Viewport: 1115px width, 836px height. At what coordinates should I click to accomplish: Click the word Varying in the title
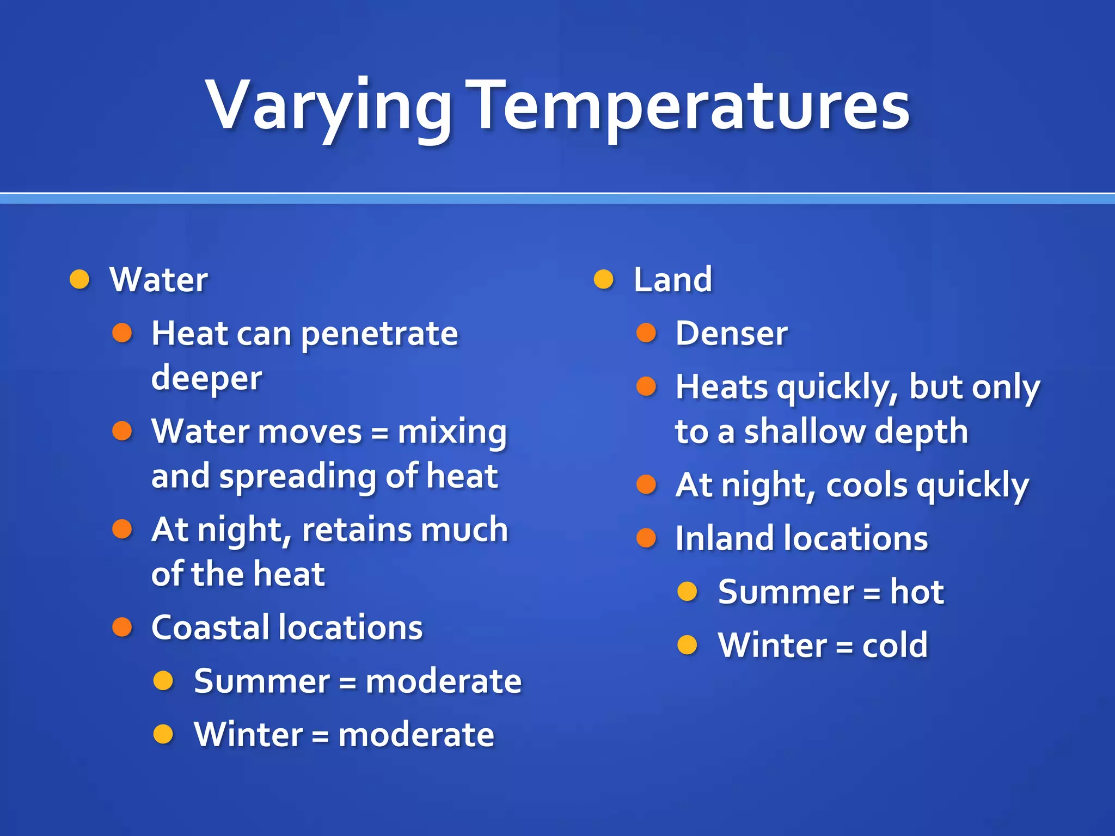(328, 106)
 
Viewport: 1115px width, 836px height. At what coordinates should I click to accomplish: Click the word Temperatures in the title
(690, 106)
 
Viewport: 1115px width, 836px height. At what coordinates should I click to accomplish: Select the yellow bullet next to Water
(79, 280)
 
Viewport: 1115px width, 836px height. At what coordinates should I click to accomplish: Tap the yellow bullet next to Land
(603, 280)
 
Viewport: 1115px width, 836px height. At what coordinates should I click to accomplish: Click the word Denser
(731, 333)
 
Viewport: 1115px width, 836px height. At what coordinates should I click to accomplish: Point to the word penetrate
(379, 334)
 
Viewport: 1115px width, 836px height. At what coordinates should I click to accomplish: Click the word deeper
(206, 379)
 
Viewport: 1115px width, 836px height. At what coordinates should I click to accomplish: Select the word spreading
(297, 477)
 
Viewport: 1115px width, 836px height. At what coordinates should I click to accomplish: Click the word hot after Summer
(917, 592)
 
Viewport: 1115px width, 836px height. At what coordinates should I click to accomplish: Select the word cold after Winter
(895, 646)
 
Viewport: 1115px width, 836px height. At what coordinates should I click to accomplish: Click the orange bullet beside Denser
(646, 333)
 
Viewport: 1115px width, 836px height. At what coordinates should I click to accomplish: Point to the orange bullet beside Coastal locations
(122, 627)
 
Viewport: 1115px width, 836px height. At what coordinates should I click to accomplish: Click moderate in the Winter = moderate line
(416, 735)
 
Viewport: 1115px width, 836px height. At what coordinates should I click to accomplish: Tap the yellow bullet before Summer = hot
(687, 591)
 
